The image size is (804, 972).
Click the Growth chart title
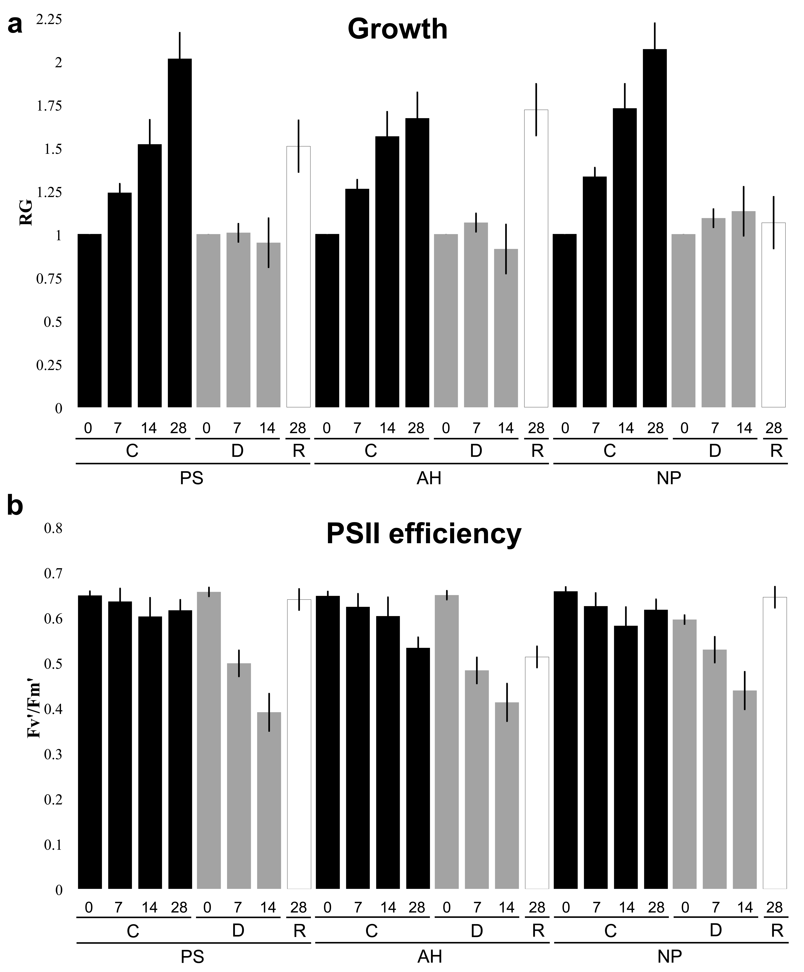click(x=397, y=29)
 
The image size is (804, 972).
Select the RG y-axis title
click(x=26, y=212)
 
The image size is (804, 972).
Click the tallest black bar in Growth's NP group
click(x=655, y=228)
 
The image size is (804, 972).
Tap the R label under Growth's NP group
click(x=776, y=450)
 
